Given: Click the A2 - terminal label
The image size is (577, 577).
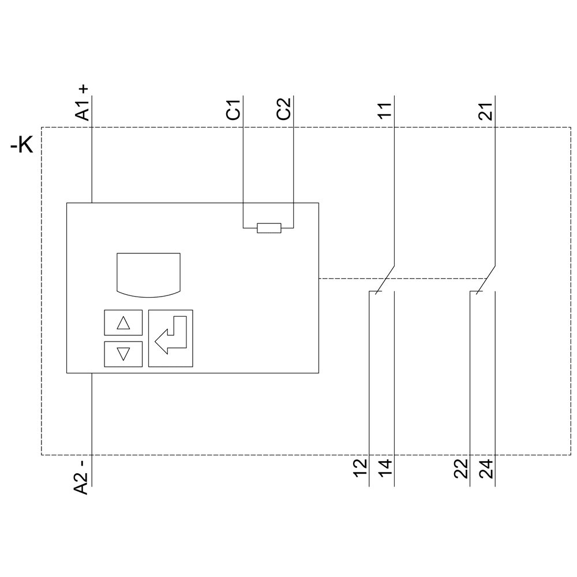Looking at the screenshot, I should pyautogui.click(x=83, y=477).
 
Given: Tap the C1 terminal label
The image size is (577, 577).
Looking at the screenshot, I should pyautogui.click(x=233, y=110).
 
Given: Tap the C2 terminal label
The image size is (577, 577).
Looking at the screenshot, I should pyautogui.click(x=284, y=110).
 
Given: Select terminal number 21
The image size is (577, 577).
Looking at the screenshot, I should pyautogui.click(x=486, y=110).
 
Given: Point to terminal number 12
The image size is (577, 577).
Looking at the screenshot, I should pyautogui.click(x=360, y=467).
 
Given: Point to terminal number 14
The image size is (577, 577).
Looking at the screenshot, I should pyautogui.click(x=385, y=467).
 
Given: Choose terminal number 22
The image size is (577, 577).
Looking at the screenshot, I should pyautogui.click(x=461, y=467).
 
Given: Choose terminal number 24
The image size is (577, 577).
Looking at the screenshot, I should pyautogui.click(x=486, y=467).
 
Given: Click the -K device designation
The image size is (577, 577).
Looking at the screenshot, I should pyautogui.click(x=23, y=145).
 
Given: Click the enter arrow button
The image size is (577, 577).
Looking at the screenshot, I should pyautogui.click(x=171, y=338).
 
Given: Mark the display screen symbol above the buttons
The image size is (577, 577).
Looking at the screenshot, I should pyautogui.click(x=148, y=275).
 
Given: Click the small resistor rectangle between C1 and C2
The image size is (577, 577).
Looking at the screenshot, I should pyautogui.click(x=269, y=228).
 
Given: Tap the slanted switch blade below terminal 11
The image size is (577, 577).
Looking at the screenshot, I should pyautogui.click(x=385, y=279).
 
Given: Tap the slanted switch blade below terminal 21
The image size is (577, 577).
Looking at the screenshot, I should pyautogui.click(x=486, y=279).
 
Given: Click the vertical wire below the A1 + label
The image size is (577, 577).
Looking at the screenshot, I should pyautogui.click(x=92, y=162).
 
